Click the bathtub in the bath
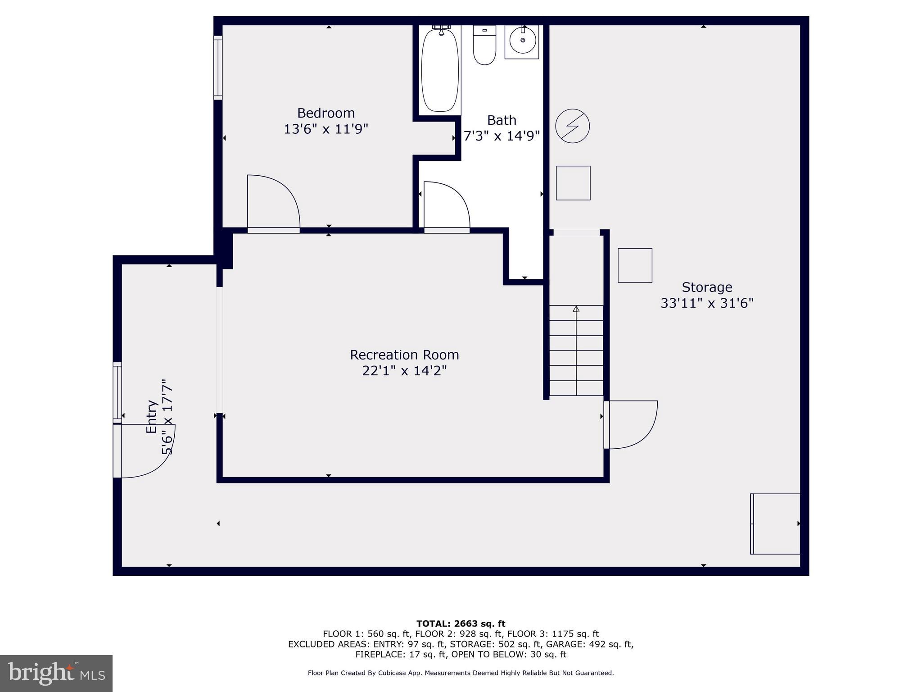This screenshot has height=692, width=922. pyautogui.click(x=440, y=69)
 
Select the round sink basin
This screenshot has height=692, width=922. pyautogui.click(x=522, y=41)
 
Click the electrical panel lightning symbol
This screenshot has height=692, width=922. pyautogui.click(x=572, y=126)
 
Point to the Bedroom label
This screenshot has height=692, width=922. pyautogui.click(x=326, y=113)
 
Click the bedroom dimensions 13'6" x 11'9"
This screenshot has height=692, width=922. pyautogui.click(x=326, y=129)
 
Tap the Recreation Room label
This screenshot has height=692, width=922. pyautogui.click(x=404, y=355)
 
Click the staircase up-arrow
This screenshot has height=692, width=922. pyautogui.click(x=576, y=309)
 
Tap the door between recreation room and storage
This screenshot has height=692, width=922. pyautogui.click(x=630, y=424)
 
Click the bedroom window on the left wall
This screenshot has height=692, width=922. pyautogui.click(x=218, y=68)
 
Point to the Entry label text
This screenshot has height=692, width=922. pyautogui.click(x=152, y=417)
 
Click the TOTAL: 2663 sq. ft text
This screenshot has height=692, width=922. pyautogui.click(x=461, y=624)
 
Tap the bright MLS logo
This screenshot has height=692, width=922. pyautogui.click(x=56, y=674)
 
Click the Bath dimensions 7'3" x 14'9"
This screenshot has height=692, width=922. pyautogui.click(x=502, y=136)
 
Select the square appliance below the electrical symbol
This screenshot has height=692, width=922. pyautogui.click(x=573, y=183)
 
